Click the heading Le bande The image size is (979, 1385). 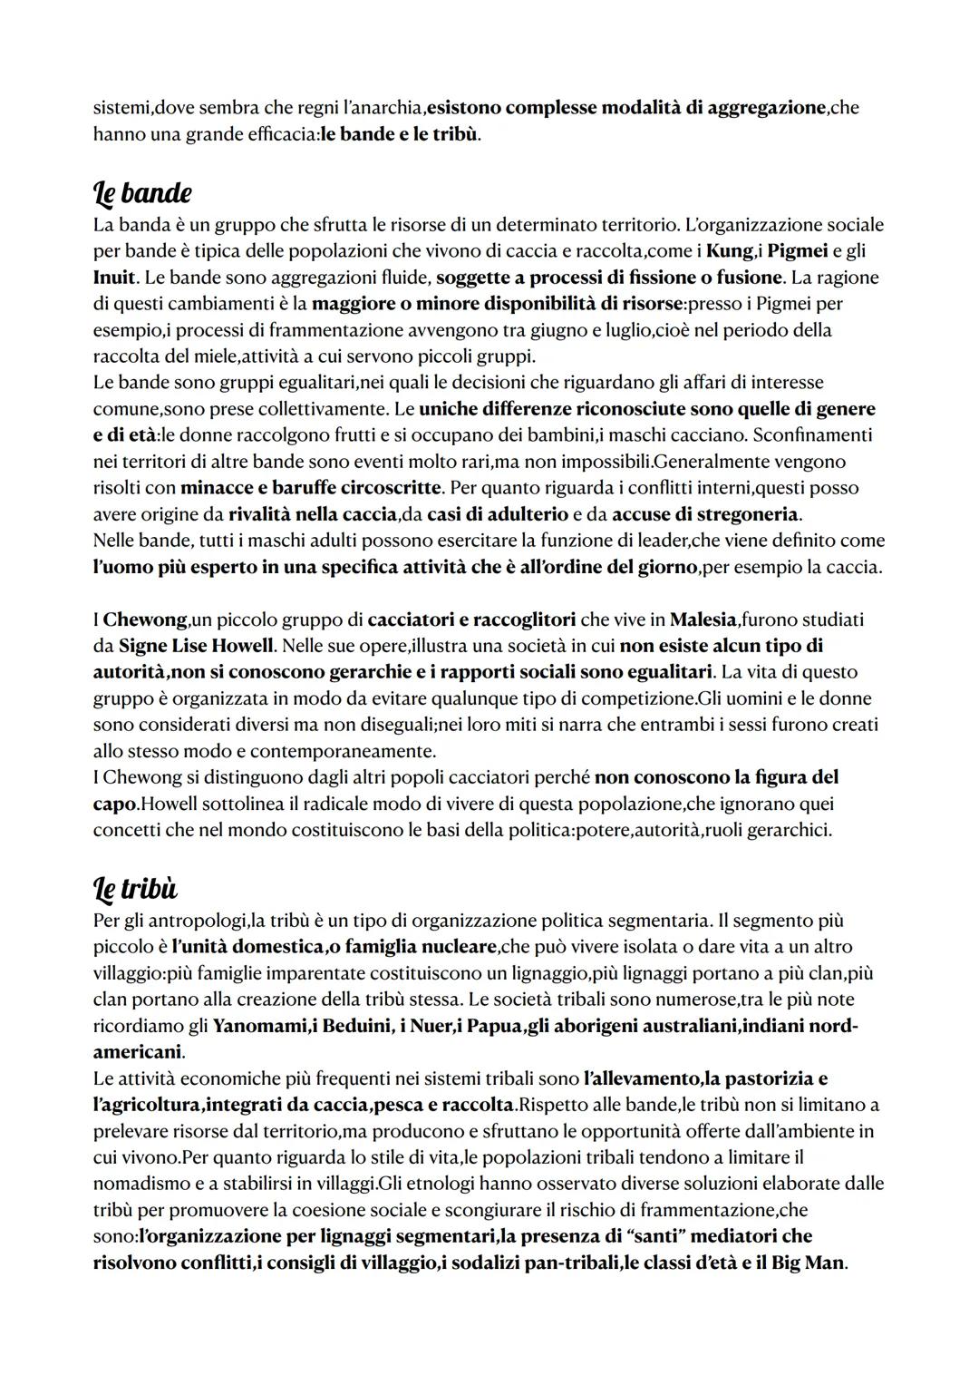[142, 193]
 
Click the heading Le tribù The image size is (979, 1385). [135, 890]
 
